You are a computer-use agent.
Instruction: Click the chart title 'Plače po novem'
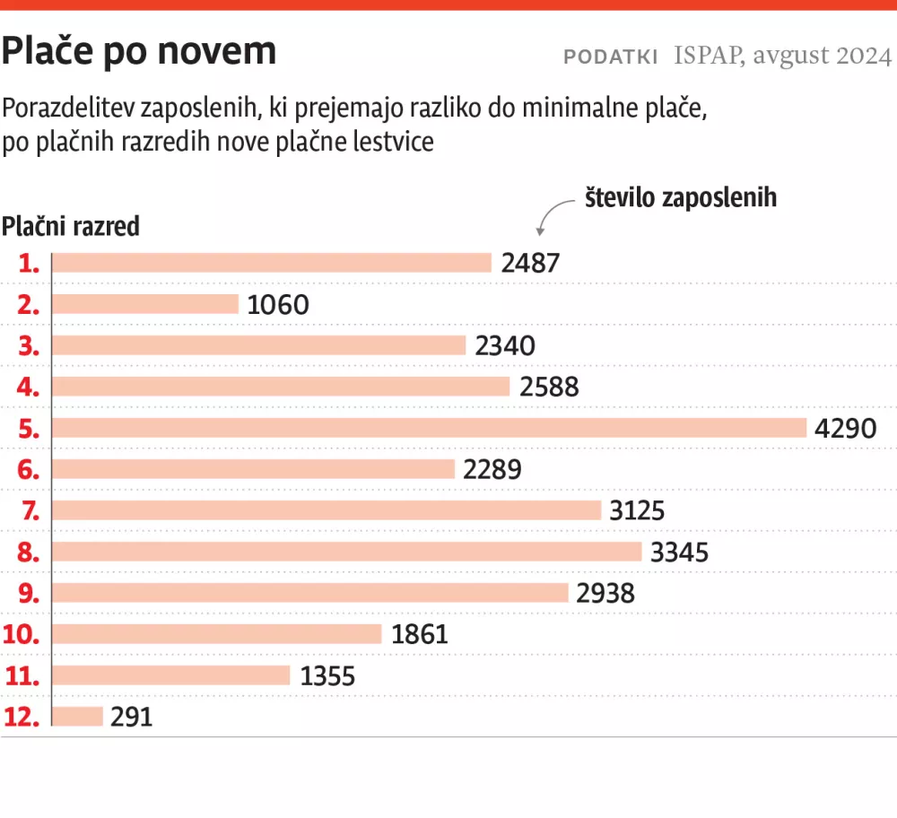pos(139,52)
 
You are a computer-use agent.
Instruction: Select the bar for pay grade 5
pos(430,428)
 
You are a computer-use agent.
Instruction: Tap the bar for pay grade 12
pos(78,717)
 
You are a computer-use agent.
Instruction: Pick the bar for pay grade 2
pos(145,304)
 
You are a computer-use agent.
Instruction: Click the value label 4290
pos(845,428)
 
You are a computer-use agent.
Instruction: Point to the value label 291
pos(132,717)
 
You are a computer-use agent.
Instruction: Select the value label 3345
pos(679,552)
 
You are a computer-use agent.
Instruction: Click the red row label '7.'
pos(30,510)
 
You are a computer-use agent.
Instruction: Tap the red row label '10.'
pos(22,634)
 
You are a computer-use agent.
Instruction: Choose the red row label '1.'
pos(30,263)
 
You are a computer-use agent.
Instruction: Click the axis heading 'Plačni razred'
pos(71,226)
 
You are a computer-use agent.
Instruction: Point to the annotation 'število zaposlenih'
pos(681,197)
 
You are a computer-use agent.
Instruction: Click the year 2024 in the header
pos(863,57)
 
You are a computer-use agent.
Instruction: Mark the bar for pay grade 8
pos(347,552)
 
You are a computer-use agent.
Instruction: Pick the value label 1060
pos(277,304)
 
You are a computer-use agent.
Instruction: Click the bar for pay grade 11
pos(171,675)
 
